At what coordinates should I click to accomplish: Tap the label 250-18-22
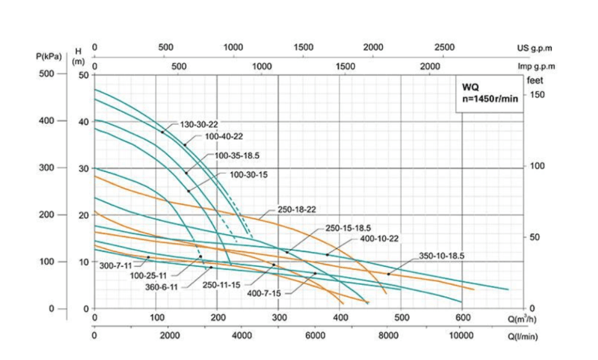coord(297,210)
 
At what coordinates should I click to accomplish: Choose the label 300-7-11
coord(116,266)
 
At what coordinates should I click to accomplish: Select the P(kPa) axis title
coord(49,57)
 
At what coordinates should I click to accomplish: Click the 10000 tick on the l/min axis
coord(461,335)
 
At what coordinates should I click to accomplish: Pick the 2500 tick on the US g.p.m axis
coord(444,47)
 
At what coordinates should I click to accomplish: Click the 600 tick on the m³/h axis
coord(462,318)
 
